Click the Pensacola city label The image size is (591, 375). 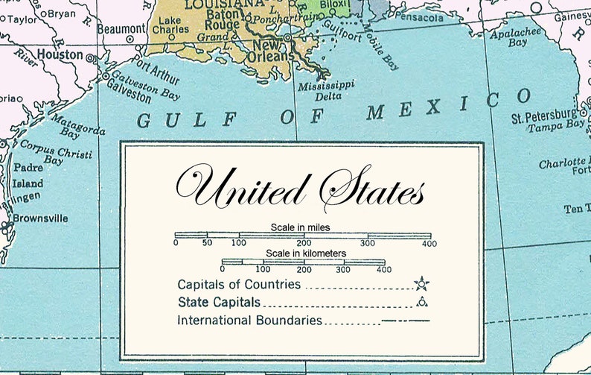[420, 16]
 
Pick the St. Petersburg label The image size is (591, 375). [543, 117]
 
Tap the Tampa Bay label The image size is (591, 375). [556, 127]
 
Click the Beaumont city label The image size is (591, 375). [121, 28]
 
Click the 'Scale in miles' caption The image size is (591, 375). [301, 226]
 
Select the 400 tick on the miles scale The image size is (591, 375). [429, 243]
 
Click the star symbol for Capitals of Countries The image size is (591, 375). [422, 283]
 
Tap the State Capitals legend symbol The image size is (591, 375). [422, 302]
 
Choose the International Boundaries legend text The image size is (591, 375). [249, 321]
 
